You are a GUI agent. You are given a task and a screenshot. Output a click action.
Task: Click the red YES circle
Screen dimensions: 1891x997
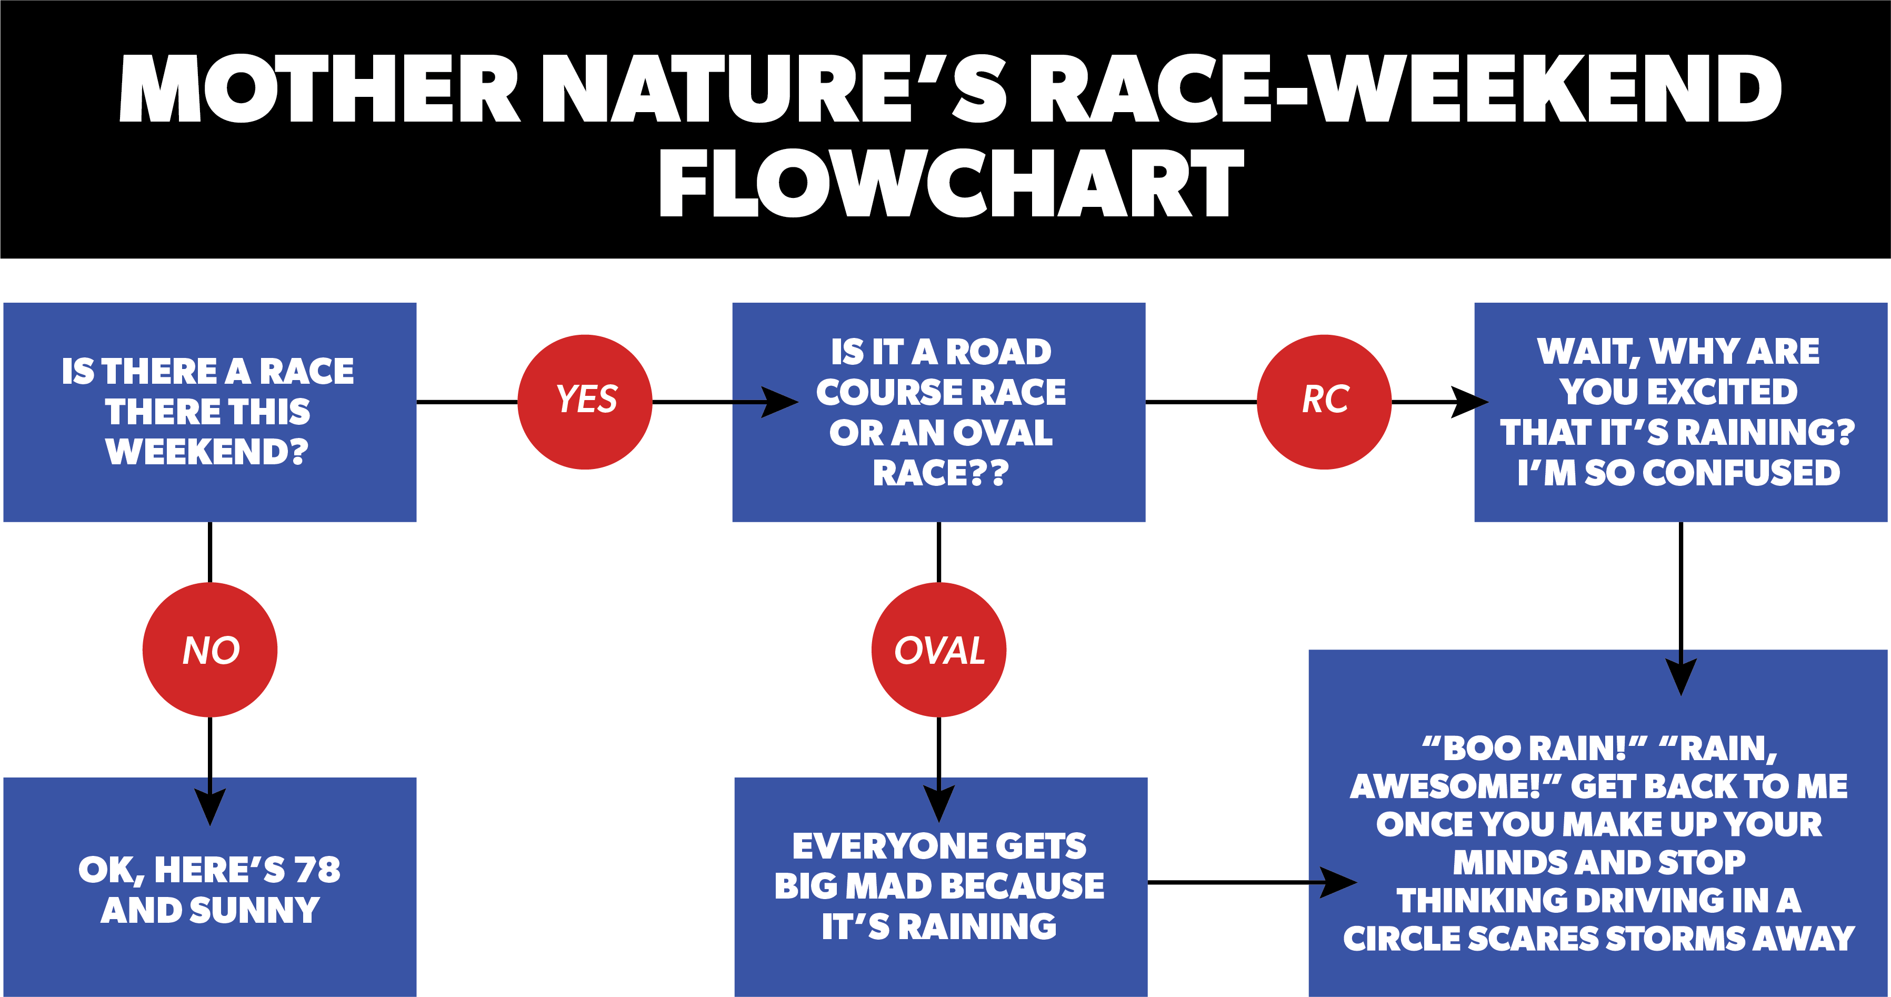(x=585, y=402)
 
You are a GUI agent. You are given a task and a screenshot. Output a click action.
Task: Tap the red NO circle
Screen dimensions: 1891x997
(x=210, y=650)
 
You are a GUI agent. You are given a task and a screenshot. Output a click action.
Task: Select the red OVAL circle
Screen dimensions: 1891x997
(x=939, y=650)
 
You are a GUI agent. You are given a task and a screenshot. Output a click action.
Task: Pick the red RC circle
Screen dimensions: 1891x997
(x=1324, y=402)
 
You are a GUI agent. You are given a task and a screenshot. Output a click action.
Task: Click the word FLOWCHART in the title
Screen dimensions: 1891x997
(x=952, y=183)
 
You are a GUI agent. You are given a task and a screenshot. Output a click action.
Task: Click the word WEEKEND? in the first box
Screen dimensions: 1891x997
(x=207, y=452)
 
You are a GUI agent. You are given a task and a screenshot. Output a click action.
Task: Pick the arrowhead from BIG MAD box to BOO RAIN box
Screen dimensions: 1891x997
(x=1339, y=882)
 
